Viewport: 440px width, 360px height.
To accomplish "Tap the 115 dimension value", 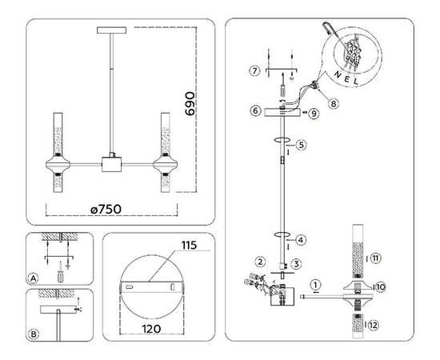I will point(189,244).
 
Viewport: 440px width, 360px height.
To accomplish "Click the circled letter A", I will point(33,278).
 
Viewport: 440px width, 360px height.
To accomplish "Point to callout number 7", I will point(254,72).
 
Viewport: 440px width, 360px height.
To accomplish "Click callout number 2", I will point(260,262).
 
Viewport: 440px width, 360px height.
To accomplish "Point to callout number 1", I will point(316,283).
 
